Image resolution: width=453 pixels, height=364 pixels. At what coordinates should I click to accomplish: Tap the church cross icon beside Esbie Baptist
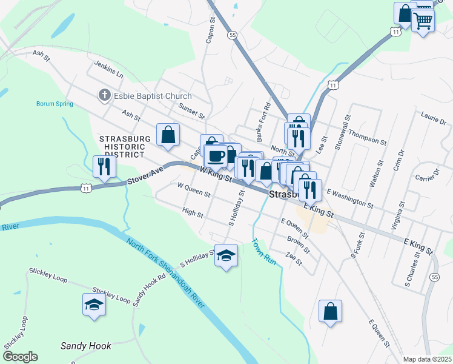pyautogui.click(x=104, y=95)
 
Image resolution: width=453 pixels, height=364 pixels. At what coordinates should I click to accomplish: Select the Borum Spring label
pyautogui.click(x=55, y=104)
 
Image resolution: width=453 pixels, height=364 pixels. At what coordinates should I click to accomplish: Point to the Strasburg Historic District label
pyautogui.click(x=125, y=146)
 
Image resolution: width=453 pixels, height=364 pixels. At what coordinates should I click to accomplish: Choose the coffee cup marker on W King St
pyautogui.click(x=215, y=157)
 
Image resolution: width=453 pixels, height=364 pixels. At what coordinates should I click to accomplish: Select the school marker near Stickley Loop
pyautogui.click(x=94, y=304)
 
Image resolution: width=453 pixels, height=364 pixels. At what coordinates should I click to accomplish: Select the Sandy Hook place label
pyautogui.click(x=86, y=346)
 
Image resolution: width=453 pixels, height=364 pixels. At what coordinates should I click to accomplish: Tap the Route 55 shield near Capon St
pyautogui.click(x=232, y=36)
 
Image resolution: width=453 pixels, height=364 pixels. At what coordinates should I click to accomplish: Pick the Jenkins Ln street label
pyautogui.click(x=108, y=70)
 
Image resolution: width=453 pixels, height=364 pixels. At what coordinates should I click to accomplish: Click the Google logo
pyautogui.click(x=20, y=357)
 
